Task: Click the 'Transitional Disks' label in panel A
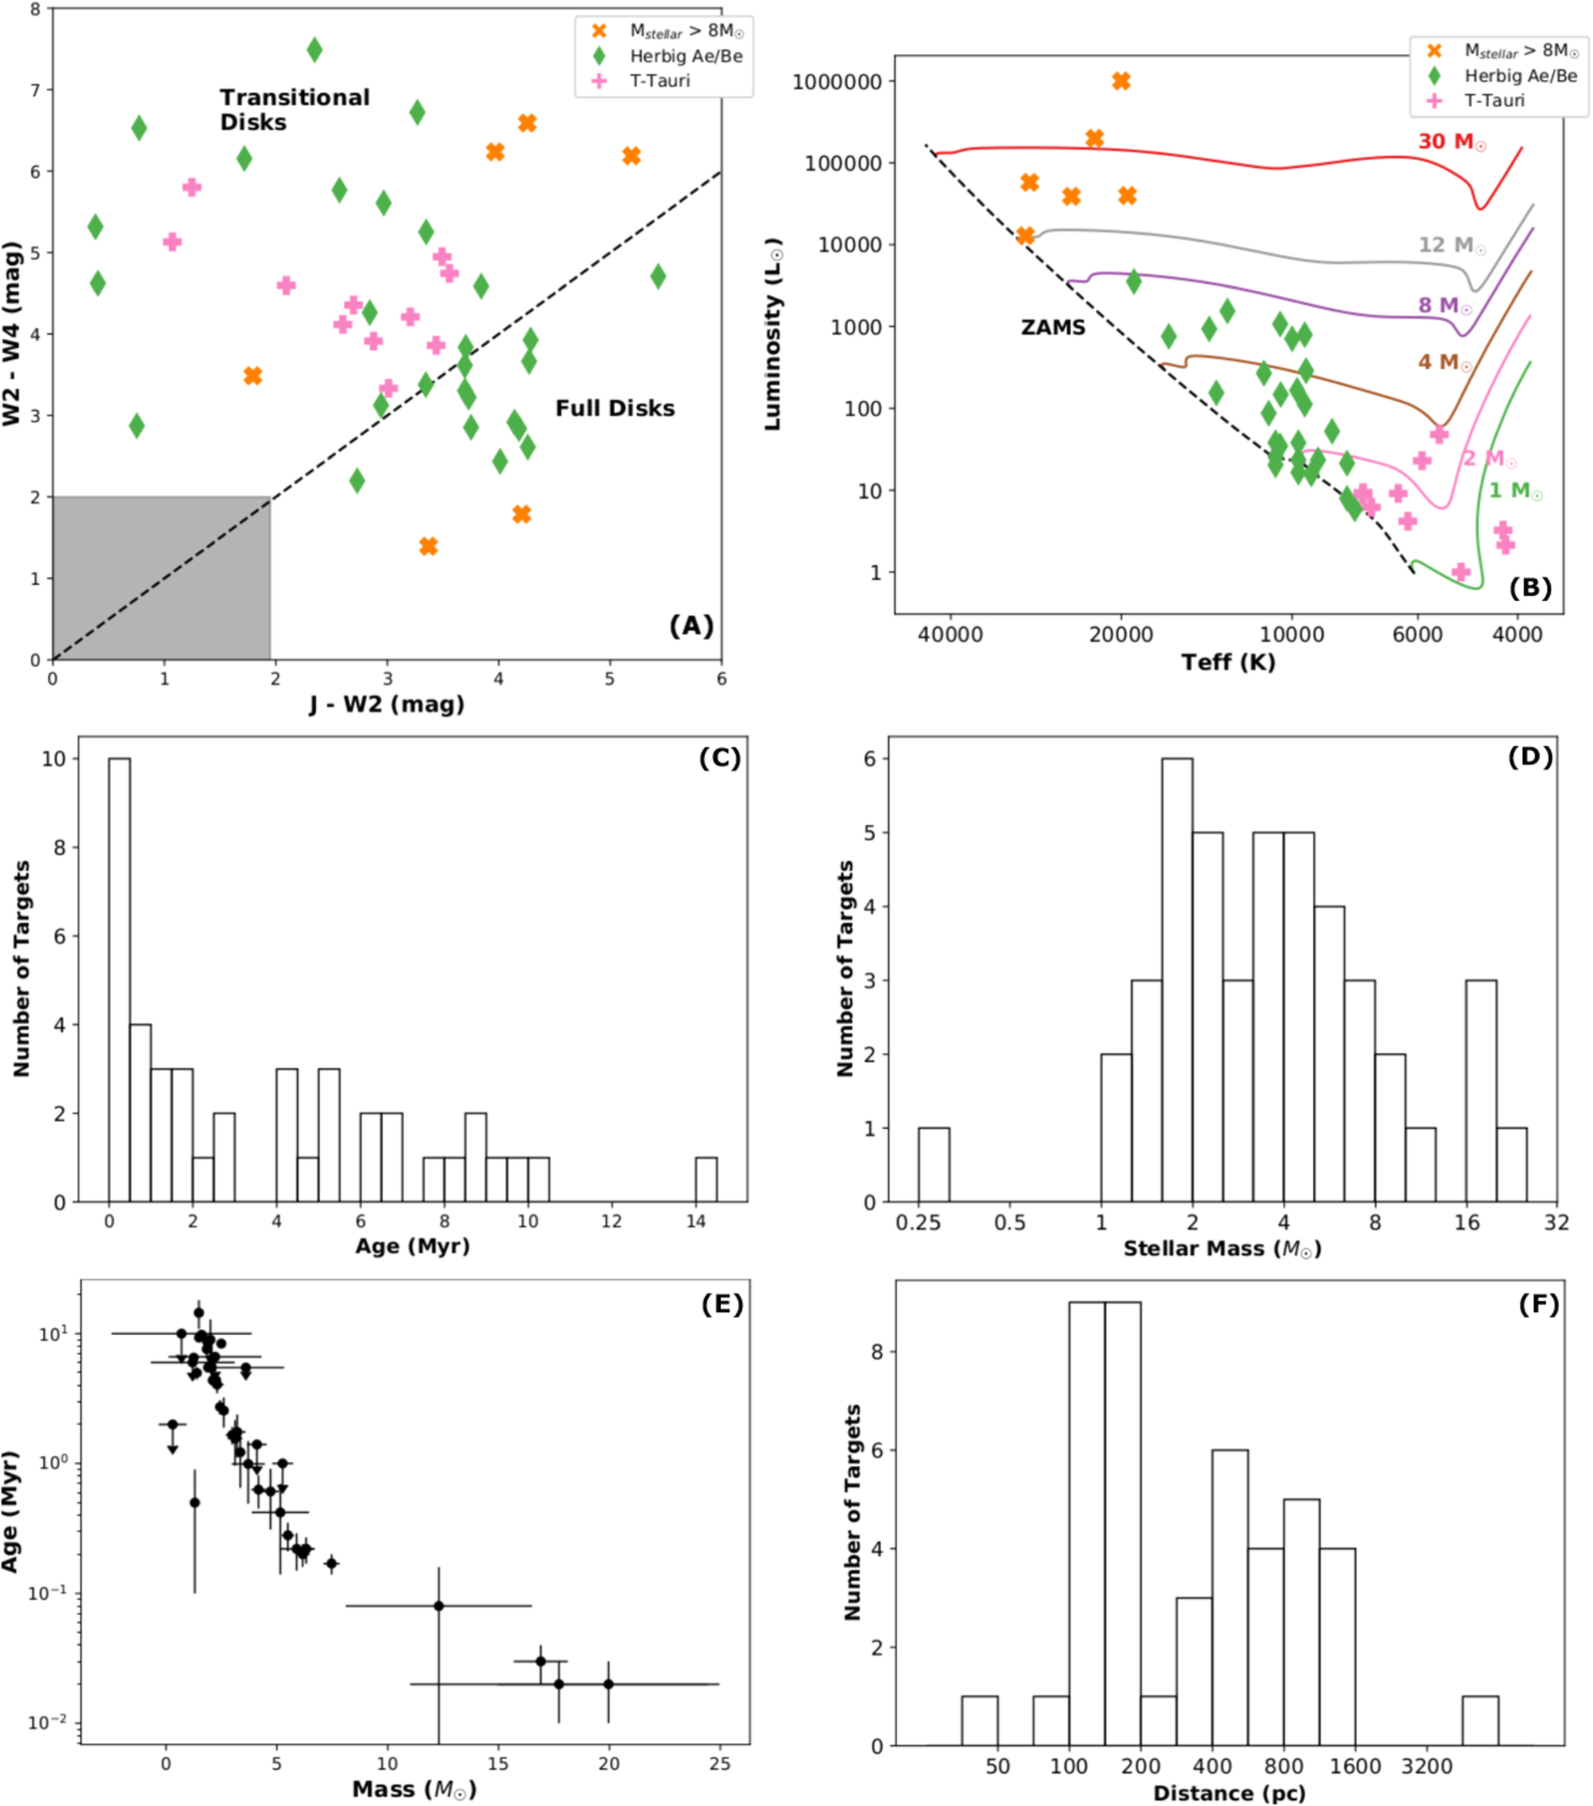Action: point(294,109)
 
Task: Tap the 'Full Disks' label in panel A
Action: point(614,408)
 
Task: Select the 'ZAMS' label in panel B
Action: point(1052,328)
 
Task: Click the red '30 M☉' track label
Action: point(1451,142)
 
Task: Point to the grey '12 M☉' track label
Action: point(1451,245)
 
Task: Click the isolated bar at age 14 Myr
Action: point(706,1180)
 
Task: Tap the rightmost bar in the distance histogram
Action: point(1479,1721)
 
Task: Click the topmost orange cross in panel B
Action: point(1120,82)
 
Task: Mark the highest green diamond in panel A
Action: point(315,50)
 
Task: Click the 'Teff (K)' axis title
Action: point(1228,662)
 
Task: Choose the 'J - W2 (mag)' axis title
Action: point(386,704)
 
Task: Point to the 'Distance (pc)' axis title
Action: point(1229,1793)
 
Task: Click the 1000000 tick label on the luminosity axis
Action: point(837,82)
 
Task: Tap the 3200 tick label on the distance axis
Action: point(1427,1766)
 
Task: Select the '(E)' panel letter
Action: point(722,1304)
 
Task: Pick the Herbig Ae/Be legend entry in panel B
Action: point(1520,76)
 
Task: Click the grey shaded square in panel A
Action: point(161,578)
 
